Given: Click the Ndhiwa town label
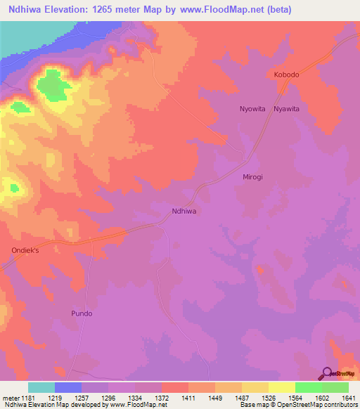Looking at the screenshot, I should [184, 210].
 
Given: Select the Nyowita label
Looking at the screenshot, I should [252, 109].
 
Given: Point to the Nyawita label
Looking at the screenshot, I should [287, 109].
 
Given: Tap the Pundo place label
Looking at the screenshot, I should [82, 313].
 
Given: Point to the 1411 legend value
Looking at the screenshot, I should [188, 398].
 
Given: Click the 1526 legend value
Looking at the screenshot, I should [269, 398].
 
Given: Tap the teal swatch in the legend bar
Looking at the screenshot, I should [41, 387].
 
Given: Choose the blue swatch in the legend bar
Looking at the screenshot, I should [68, 387].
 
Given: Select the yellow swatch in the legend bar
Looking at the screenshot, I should [282, 387].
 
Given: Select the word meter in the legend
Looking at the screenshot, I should [12, 398].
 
